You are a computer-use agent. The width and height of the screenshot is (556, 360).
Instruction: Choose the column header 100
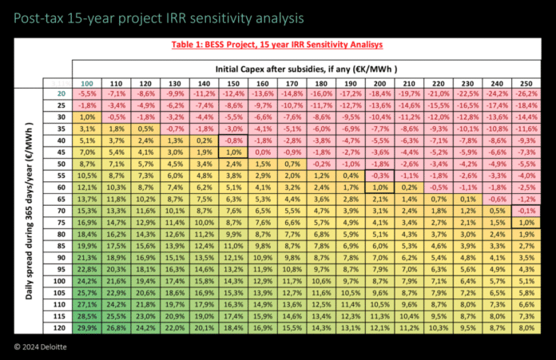(88, 82)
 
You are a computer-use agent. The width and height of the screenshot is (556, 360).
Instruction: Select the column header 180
(320, 82)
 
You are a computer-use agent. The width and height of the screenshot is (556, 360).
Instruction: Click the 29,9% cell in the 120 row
(88, 326)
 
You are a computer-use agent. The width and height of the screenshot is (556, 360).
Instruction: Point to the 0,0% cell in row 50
(262, 164)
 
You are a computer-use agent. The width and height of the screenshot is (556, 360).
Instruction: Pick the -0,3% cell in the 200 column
(379, 175)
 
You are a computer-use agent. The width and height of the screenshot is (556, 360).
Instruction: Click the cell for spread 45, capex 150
(233, 152)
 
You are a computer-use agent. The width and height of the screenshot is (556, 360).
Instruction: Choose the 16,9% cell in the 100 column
(88, 222)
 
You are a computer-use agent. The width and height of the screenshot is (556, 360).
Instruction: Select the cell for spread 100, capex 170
(292, 280)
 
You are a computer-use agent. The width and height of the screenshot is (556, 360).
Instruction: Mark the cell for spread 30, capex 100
(88, 117)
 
